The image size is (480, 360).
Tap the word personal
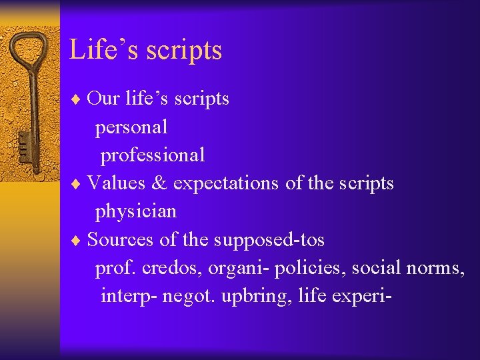131,127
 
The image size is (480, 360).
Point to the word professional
153,155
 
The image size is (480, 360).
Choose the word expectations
226,183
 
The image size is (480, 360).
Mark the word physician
136,212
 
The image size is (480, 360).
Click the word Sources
120,239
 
